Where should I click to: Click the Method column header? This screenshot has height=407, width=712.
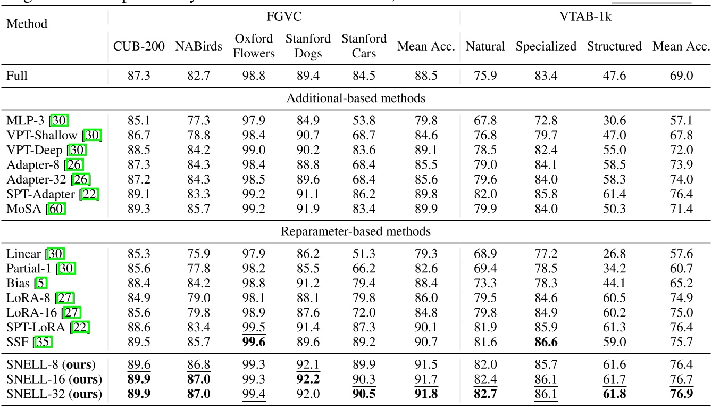tap(27, 24)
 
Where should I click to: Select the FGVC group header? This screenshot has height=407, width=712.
tap(284, 17)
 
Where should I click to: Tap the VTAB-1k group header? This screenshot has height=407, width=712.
tap(585, 17)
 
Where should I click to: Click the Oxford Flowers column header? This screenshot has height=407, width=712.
tap(254, 46)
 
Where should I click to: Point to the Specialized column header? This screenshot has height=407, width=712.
tap(546, 46)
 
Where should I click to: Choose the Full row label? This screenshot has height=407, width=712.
tap(17, 76)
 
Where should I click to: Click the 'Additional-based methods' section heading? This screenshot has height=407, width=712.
tap(356, 98)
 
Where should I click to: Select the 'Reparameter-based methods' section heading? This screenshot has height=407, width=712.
tap(356, 231)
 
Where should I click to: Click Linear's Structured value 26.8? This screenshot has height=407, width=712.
tap(614, 254)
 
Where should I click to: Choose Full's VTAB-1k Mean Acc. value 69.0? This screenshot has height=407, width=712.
tap(682, 76)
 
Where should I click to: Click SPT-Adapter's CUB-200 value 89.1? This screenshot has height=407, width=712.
tap(139, 194)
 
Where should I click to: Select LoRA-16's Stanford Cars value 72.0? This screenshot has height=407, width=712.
tap(364, 313)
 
